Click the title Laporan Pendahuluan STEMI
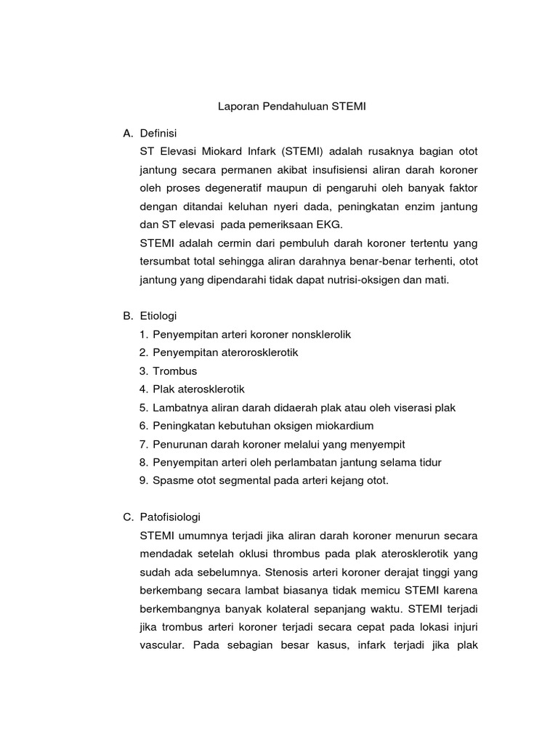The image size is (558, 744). click(293, 106)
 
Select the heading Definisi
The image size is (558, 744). click(158, 133)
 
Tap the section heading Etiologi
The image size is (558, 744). click(158, 316)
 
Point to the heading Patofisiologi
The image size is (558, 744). click(169, 517)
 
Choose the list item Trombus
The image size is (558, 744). click(175, 371)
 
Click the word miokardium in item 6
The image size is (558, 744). click(343, 426)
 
